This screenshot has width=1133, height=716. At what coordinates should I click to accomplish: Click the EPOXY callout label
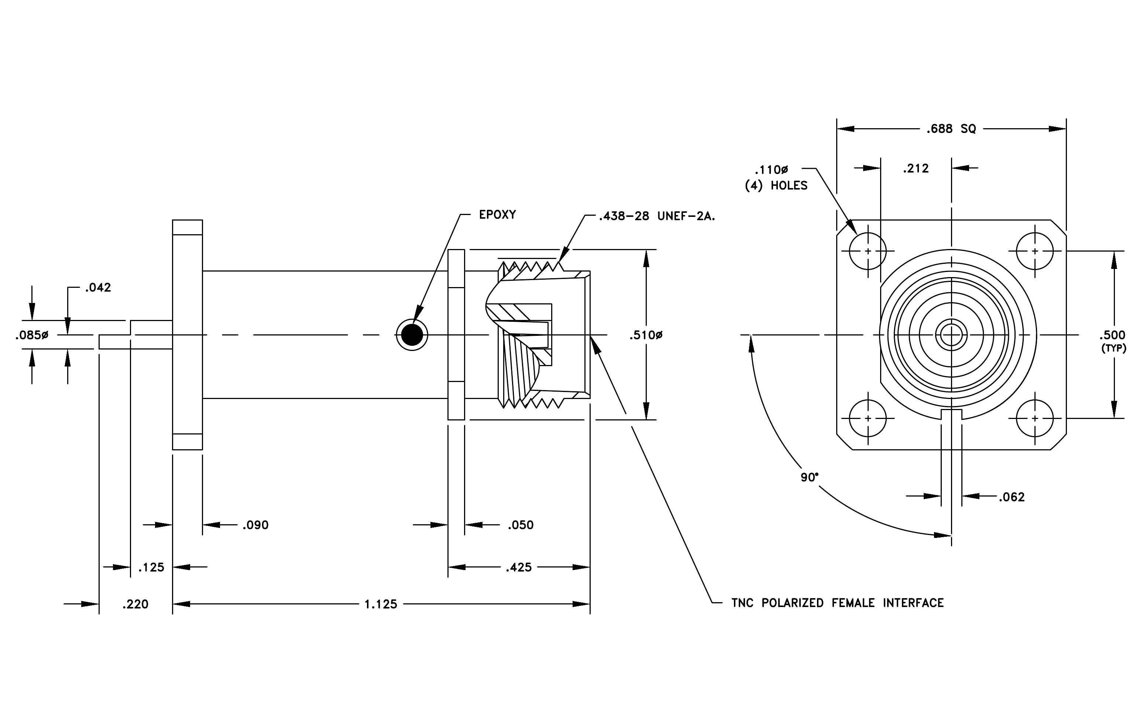click(x=497, y=215)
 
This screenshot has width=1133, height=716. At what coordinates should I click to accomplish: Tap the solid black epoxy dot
click(x=412, y=335)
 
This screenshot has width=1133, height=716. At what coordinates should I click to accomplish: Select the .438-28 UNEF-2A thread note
click(x=657, y=216)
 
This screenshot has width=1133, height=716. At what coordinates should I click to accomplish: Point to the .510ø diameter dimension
click(x=646, y=335)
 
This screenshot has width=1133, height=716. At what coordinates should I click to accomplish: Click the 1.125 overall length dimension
click(x=381, y=604)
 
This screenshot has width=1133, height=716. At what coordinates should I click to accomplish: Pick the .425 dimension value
click(x=519, y=567)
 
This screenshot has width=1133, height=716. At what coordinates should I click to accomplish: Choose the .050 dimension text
click(x=521, y=525)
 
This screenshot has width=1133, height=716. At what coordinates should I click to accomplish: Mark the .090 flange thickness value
click(x=255, y=525)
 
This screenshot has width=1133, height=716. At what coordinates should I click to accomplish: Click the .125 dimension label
click(x=151, y=567)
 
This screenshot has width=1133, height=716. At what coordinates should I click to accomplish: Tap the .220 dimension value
click(x=135, y=604)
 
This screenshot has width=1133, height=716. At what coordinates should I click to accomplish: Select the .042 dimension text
click(x=98, y=288)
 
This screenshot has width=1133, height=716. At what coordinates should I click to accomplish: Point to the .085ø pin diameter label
click(x=31, y=335)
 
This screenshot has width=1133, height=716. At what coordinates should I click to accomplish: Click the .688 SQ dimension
click(x=951, y=129)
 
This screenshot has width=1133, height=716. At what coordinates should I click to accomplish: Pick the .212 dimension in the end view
click(x=916, y=168)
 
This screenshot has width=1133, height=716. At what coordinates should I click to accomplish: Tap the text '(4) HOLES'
click(x=776, y=185)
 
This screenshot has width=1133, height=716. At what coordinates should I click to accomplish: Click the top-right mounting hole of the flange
click(x=1035, y=251)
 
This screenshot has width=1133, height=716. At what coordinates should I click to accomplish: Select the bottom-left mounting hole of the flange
click(x=868, y=418)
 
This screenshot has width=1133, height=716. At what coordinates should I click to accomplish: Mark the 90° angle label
click(x=809, y=477)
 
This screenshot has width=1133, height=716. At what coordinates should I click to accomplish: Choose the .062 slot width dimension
click(x=1012, y=497)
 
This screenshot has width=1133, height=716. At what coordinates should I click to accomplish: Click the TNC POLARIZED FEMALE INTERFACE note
click(x=838, y=603)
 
